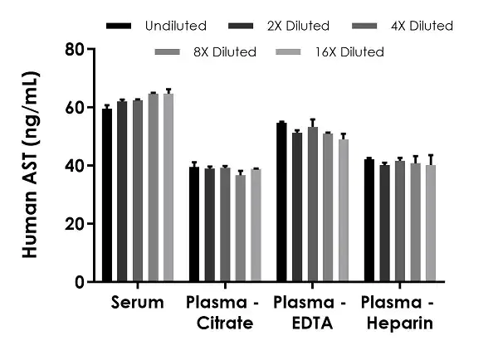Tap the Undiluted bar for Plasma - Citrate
[x=194, y=225]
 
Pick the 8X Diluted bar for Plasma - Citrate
[x=241, y=229]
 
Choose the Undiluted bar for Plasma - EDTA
[x=281, y=202]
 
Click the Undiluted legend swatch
[x=121, y=27]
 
